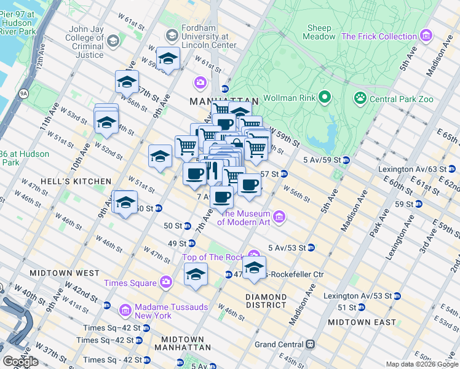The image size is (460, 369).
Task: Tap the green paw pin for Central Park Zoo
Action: pos(360,98)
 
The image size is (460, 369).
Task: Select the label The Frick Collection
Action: pos(379,36)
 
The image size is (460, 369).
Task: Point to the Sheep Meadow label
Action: pos(319,32)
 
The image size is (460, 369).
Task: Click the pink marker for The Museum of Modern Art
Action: pos(280,216)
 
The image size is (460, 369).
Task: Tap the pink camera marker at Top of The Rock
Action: pos(254,256)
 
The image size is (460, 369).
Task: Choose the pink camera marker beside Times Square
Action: pos(165,282)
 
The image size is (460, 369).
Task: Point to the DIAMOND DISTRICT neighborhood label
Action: pos(266,300)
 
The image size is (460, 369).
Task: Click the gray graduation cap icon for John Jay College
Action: pos(113,41)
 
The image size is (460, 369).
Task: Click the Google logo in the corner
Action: pos(20,362)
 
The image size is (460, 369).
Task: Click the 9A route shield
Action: pos(24,93)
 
